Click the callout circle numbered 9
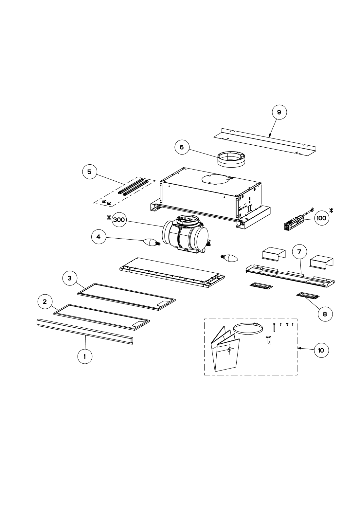(x=279, y=112)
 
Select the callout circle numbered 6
(x=182, y=147)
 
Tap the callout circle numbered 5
(x=89, y=172)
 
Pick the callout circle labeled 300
(x=119, y=220)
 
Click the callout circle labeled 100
(x=321, y=218)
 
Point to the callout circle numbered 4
(x=99, y=237)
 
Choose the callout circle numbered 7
(x=299, y=252)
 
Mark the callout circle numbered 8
(x=325, y=314)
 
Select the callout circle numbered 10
(x=321, y=350)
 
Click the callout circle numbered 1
(x=85, y=356)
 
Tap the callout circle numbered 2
(x=45, y=302)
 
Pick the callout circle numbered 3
(x=70, y=278)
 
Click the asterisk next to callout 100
(x=332, y=210)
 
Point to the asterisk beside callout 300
(x=109, y=218)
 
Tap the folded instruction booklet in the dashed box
(x=225, y=349)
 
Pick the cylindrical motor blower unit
(x=185, y=235)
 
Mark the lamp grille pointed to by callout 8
(x=308, y=295)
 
